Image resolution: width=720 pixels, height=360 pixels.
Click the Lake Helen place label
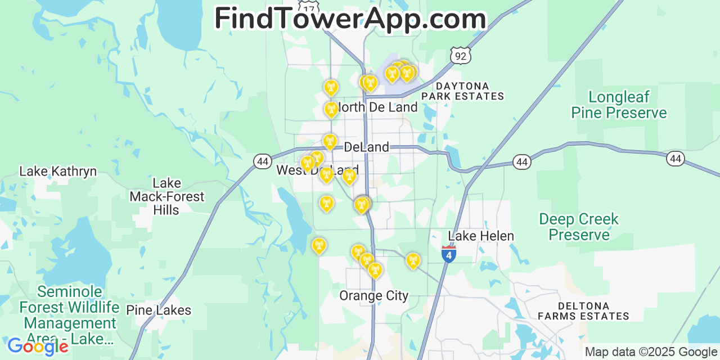[481, 236]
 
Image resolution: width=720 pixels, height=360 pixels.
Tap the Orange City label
[373, 296]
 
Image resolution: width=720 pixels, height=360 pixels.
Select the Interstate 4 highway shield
[448, 254]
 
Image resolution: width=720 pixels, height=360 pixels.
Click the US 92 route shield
[461, 55]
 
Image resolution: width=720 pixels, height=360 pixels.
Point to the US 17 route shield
[309, 8]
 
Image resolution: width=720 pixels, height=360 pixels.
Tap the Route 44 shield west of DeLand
[262, 161]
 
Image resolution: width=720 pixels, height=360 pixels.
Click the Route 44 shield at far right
[676, 159]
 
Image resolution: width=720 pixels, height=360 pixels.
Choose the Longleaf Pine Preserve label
[619, 105]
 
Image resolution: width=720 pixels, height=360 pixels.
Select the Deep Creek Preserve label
[579, 227]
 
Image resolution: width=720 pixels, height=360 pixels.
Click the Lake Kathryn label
[58, 172]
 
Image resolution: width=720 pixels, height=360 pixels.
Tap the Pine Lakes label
[159, 310]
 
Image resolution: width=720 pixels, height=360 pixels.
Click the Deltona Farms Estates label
[583, 311]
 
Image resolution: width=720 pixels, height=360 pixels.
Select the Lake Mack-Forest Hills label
[166, 196]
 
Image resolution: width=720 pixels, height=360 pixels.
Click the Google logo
[37, 346]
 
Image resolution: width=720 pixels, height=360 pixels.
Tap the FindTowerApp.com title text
[350, 19]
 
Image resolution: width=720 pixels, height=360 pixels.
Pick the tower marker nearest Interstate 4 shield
[413, 260]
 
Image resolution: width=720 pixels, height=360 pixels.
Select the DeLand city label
[366, 147]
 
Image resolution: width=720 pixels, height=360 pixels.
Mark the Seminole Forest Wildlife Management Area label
[69, 316]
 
